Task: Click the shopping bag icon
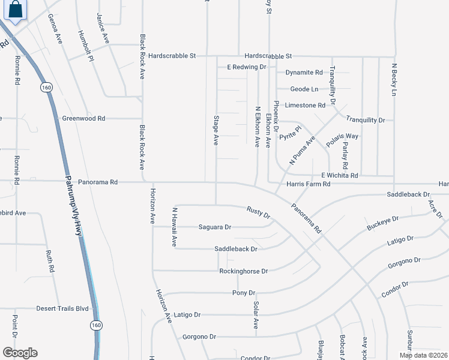(x=16, y=10)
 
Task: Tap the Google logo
(x=20, y=353)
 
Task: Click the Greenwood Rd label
(x=83, y=118)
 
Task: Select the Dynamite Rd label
(x=304, y=73)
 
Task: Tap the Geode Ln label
(x=304, y=89)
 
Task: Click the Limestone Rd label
(x=305, y=105)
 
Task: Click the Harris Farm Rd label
(x=309, y=184)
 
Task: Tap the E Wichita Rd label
(x=339, y=175)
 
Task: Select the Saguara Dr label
(x=215, y=227)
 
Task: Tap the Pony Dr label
(x=244, y=293)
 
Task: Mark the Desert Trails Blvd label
(x=62, y=308)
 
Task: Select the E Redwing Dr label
(x=246, y=67)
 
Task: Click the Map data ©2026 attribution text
(x=423, y=355)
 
